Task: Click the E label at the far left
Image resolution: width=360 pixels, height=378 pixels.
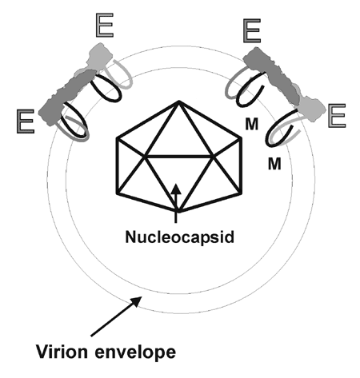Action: pyautogui.click(x=26, y=121)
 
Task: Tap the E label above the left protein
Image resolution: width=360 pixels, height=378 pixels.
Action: pyautogui.click(x=105, y=26)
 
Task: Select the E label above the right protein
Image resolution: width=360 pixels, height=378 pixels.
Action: pyautogui.click(x=252, y=30)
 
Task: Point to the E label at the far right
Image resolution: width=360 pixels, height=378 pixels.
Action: pyautogui.click(x=337, y=116)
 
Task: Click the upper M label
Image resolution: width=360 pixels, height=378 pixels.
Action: pyautogui.click(x=252, y=124)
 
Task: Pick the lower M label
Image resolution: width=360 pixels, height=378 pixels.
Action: pyautogui.click(x=274, y=164)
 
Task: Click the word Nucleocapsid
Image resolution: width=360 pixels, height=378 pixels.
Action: pyautogui.click(x=179, y=237)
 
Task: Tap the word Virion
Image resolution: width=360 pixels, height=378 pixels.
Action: pyautogui.click(x=62, y=352)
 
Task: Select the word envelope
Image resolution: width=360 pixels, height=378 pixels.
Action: pyautogui.click(x=135, y=353)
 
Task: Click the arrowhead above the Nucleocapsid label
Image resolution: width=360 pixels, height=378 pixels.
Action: pyautogui.click(x=176, y=189)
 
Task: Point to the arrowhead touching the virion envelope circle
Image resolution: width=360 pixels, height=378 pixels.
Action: pyautogui.click(x=137, y=301)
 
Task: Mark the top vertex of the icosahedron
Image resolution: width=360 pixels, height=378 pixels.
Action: pyautogui.click(x=179, y=101)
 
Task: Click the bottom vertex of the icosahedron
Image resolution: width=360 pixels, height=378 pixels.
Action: pyautogui.click(x=178, y=212)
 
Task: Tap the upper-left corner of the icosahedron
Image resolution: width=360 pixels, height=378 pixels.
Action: pyautogui.click(x=117, y=138)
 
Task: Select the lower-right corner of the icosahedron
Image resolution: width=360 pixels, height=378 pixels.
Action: pyautogui.click(x=241, y=193)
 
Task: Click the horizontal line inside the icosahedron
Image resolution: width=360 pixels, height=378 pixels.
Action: pyautogui.click(x=178, y=157)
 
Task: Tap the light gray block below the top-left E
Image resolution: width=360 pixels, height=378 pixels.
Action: pyautogui.click(x=99, y=57)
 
